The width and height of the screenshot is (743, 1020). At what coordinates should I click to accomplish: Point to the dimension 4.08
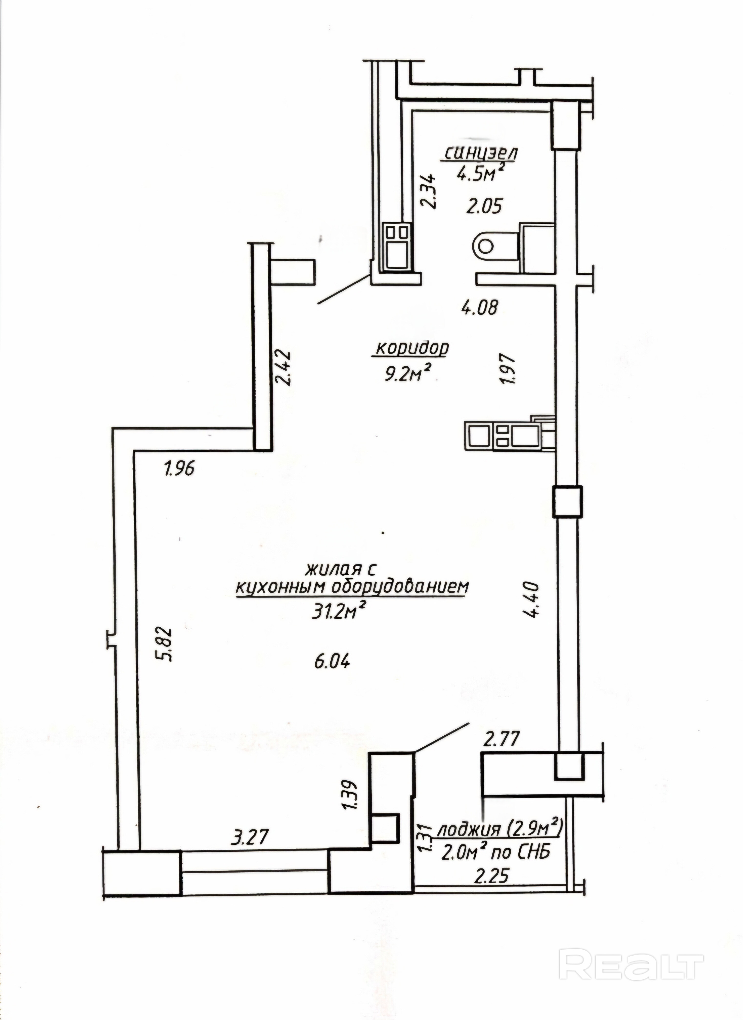(x=480, y=308)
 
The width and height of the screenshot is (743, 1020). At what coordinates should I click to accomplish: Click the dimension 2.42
(x=284, y=368)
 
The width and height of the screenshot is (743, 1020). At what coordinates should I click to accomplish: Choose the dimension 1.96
(x=179, y=469)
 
